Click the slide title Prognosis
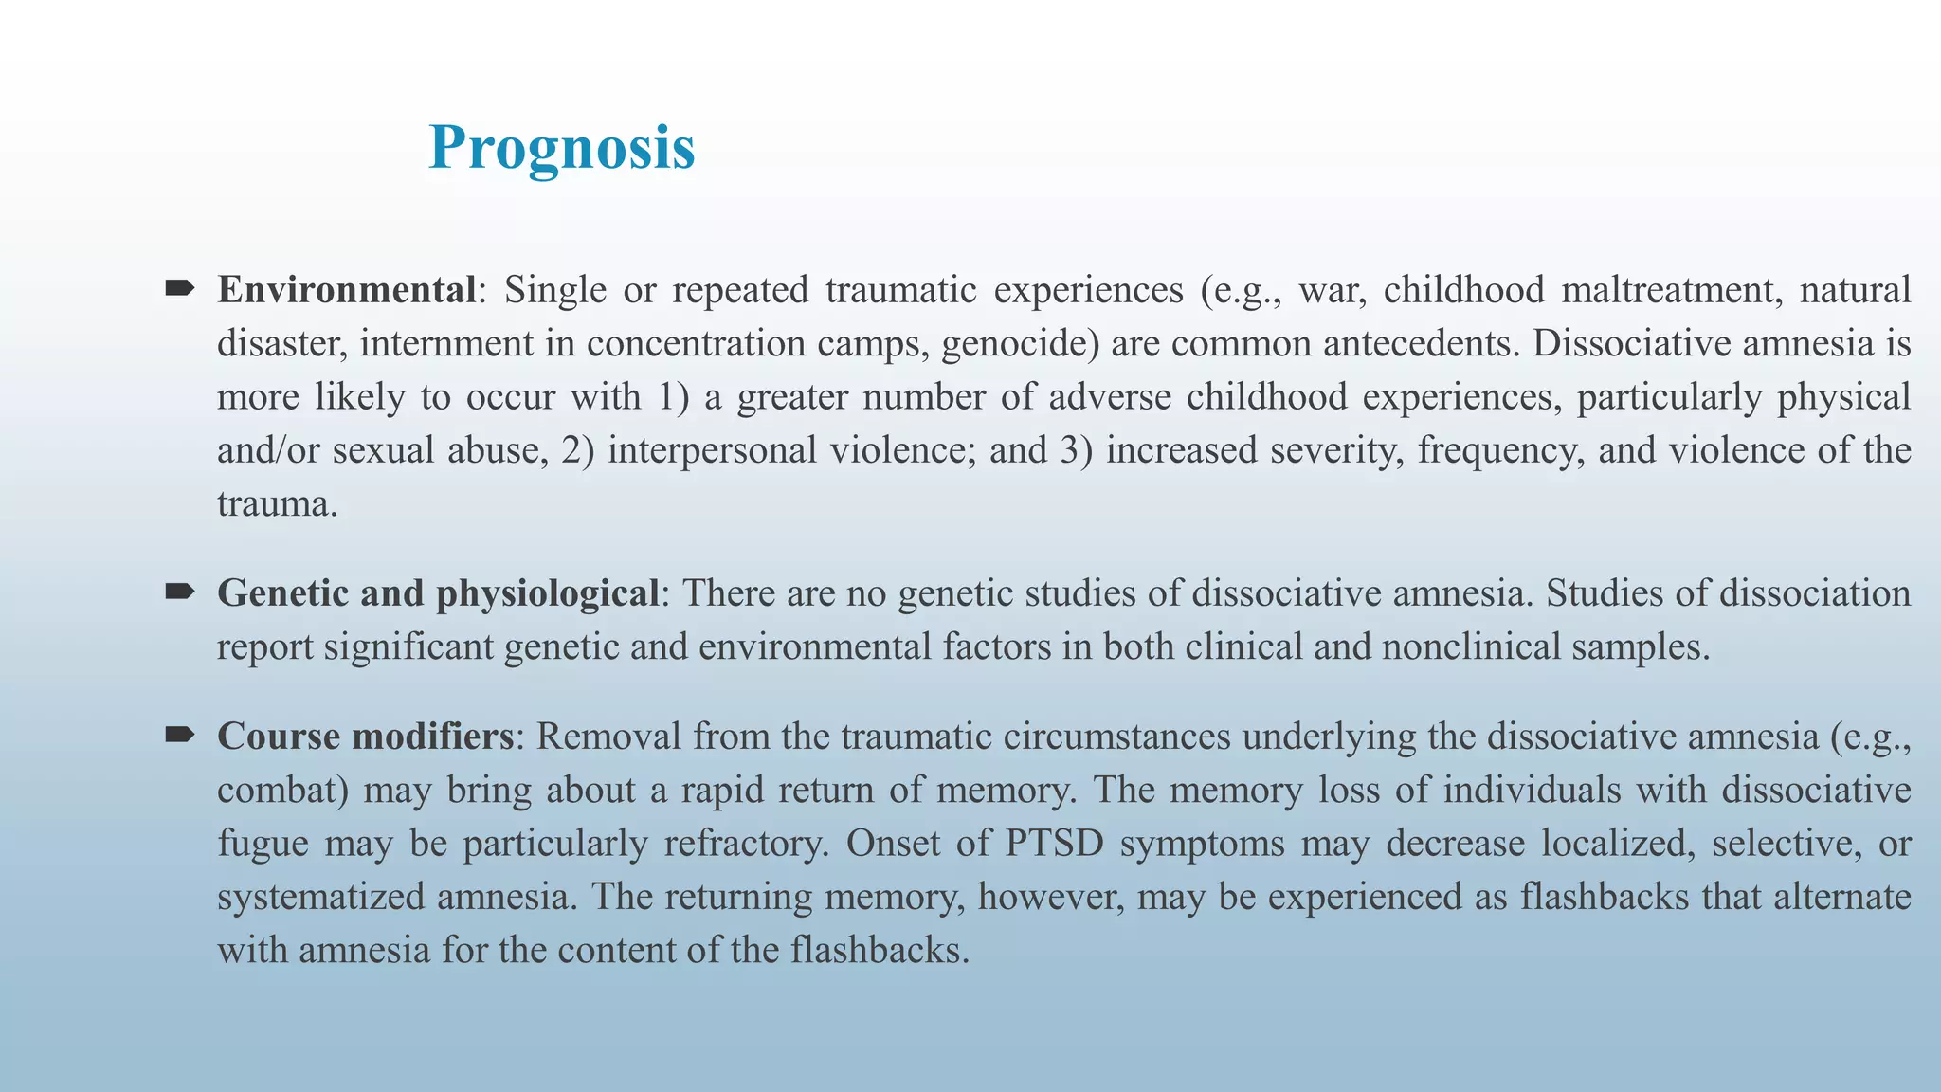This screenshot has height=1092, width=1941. coord(561,149)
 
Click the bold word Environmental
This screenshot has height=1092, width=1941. coord(346,290)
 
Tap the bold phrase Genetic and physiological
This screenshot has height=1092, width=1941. coord(438,593)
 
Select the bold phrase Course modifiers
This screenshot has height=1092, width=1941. coord(366,737)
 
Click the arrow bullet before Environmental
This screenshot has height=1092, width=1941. coord(179,287)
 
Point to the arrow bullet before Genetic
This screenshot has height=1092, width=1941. coord(179,591)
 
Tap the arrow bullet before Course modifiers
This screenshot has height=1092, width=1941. coord(179,735)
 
